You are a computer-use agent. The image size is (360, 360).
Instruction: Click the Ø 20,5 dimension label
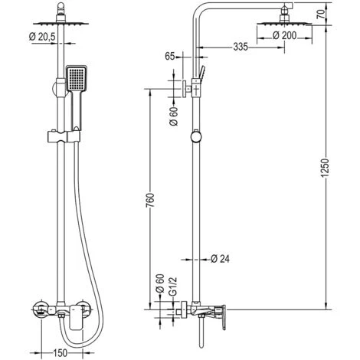pyautogui.click(x=42, y=37)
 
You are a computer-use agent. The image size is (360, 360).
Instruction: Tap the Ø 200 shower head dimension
pyautogui.click(x=284, y=35)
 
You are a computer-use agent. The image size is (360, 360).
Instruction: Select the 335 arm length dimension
pyautogui.click(x=241, y=47)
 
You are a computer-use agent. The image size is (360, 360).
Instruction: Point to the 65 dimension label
pyautogui.click(x=169, y=56)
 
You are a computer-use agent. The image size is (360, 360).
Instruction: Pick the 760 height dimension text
pyautogui.click(x=150, y=201)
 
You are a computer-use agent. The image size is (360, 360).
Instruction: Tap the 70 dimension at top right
pyautogui.click(x=322, y=14)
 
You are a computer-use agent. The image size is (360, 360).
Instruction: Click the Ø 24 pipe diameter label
pyautogui.click(x=221, y=259)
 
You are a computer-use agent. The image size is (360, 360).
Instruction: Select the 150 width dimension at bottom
pyautogui.click(x=61, y=353)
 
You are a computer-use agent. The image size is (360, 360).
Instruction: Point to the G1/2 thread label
pyautogui.click(x=173, y=287)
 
